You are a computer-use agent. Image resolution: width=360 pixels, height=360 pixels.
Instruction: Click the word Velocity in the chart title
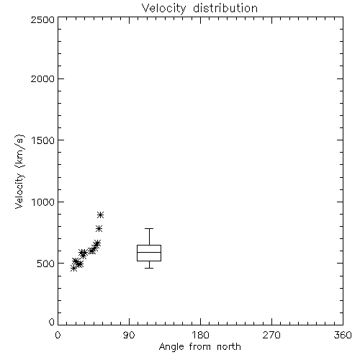(163, 9)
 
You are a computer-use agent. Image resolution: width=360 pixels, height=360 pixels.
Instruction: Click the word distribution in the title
(225, 8)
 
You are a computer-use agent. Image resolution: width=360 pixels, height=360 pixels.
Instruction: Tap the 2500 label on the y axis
(42, 19)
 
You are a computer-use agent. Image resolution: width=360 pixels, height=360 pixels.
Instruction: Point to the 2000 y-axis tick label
(42, 78)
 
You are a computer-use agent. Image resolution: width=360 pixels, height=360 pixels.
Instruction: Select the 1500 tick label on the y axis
(43, 140)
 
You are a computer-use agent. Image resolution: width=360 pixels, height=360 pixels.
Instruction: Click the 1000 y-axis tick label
(43, 202)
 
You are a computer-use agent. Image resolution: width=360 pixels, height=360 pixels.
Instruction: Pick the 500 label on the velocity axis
(46, 264)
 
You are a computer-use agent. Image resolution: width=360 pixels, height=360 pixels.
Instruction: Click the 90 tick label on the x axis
(129, 335)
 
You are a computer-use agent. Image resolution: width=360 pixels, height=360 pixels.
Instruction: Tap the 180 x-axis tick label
(200, 335)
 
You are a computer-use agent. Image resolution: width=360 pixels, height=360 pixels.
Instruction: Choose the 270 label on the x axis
(271, 335)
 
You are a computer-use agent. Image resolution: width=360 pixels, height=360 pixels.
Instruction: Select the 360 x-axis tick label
(343, 335)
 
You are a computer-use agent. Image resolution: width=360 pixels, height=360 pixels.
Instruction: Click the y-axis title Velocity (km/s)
(19, 171)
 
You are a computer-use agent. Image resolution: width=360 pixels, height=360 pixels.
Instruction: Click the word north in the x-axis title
(229, 347)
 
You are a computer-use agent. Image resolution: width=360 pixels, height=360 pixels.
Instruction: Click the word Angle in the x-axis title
(171, 347)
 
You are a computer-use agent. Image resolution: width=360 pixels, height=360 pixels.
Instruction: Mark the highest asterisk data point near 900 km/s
(101, 215)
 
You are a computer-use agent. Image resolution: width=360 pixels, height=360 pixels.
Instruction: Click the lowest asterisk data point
(74, 269)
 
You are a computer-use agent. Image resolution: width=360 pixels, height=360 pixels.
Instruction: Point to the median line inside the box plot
(149, 252)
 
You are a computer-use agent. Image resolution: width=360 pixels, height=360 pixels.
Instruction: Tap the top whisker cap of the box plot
(149, 229)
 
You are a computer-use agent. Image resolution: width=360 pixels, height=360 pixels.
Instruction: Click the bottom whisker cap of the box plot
(149, 268)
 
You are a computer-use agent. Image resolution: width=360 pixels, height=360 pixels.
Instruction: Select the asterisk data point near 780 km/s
(99, 229)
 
